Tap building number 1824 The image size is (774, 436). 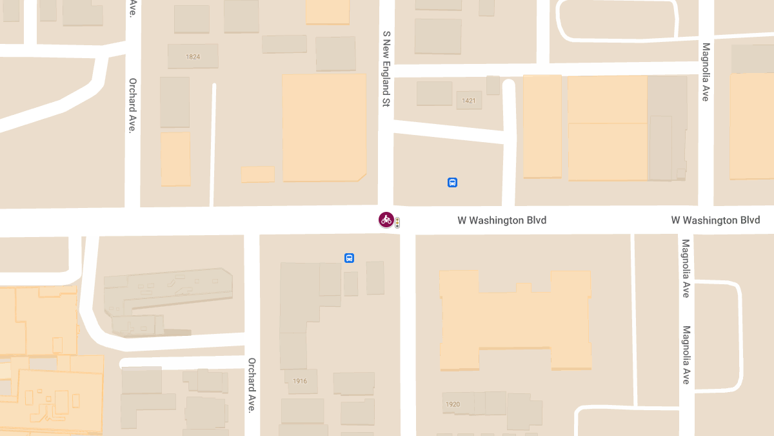(x=193, y=57)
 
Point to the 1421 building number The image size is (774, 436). (x=469, y=101)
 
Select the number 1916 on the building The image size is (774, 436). (x=300, y=381)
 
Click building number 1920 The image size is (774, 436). (x=453, y=405)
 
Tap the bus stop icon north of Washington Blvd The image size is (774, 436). (x=452, y=183)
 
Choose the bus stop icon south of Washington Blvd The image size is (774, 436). (x=349, y=258)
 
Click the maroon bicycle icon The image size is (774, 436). (x=386, y=220)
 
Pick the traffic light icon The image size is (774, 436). (x=397, y=223)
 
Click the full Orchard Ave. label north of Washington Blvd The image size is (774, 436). (x=132, y=105)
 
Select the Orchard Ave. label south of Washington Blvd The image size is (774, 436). (x=252, y=385)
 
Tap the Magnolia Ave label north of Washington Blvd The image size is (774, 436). (x=706, y=72)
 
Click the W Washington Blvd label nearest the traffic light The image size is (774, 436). (x=502, y=220)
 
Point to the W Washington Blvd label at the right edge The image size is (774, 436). (x=715, y=220)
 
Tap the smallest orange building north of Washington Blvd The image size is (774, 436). (x=257, y=174)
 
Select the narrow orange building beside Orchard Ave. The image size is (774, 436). (x=175, y=159)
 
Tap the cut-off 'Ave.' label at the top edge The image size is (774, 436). (x=132, y=8)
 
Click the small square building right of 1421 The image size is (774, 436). (x=493, y=85)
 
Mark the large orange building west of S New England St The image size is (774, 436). (x=324, y=127)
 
